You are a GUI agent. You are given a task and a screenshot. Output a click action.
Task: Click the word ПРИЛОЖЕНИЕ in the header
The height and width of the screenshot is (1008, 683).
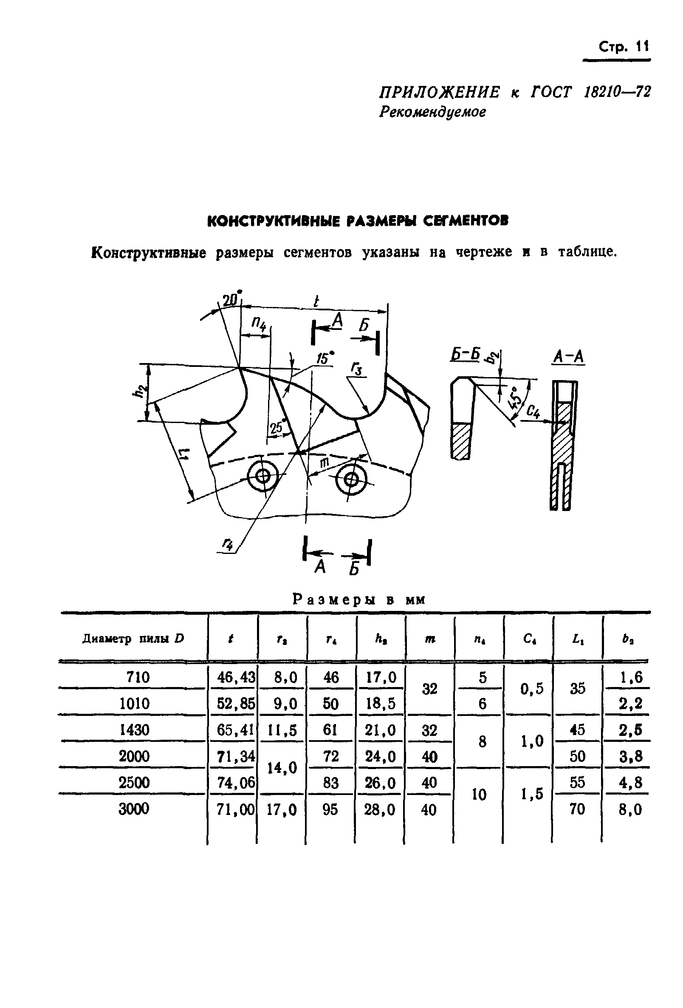[439, 92]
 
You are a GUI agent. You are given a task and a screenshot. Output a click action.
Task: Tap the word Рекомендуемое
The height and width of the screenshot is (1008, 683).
[432, 112]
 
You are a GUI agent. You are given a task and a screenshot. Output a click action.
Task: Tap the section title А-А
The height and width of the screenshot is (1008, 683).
[568, 358]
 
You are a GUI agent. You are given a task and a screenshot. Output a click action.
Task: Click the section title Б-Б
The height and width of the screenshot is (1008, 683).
[464, 355]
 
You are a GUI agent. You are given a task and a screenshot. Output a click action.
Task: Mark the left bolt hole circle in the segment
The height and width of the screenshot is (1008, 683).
[262, 477]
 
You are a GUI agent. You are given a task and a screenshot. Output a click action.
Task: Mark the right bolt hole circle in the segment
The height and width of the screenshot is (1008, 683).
[351, 480]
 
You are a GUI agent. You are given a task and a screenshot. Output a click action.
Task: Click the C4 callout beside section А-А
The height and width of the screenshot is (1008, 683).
[532, 411]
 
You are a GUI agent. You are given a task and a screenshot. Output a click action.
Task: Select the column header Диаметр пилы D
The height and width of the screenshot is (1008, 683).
[133, 639]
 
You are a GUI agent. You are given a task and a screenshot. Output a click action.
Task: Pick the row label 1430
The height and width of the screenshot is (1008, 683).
[134, 730]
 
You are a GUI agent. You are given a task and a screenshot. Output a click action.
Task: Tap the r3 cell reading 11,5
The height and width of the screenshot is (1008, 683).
[282, 730]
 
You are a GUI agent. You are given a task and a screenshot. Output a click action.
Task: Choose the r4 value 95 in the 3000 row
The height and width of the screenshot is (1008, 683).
[330, 809]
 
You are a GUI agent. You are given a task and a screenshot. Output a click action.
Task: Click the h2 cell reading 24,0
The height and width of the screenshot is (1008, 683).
[380, 756]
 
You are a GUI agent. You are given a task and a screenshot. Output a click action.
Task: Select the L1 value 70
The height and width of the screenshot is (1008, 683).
[577, 809]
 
